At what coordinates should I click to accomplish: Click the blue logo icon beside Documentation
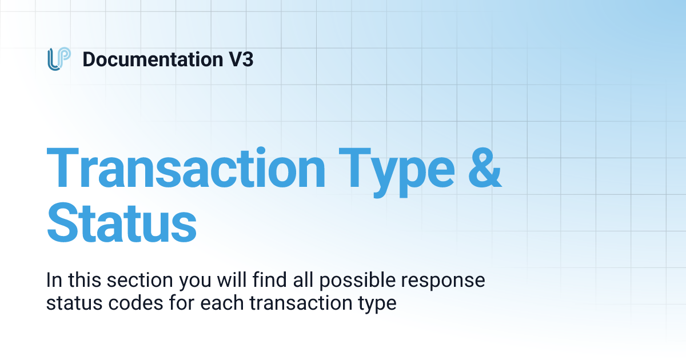click(59, 59)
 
